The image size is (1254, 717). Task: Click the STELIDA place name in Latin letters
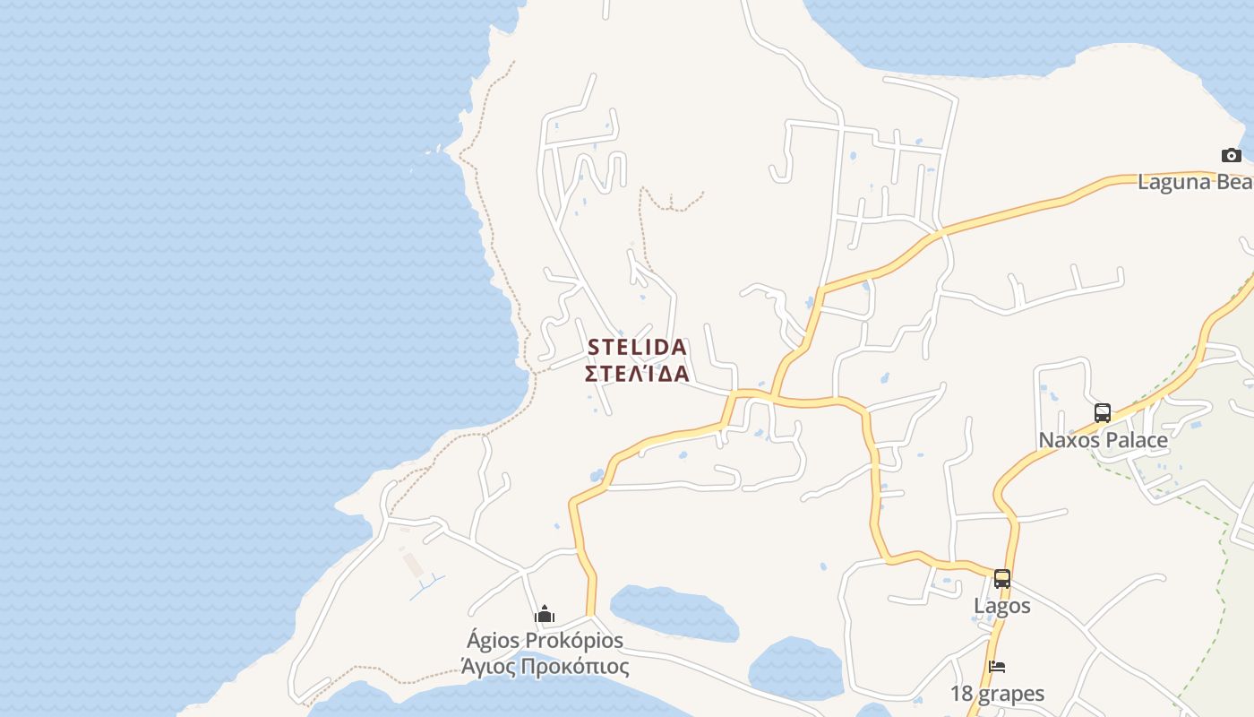[637, 347]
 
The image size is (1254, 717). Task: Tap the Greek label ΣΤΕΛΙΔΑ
[637, 374]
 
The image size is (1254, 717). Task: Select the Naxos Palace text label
[1103, 440]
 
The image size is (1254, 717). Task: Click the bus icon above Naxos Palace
[1103, 413]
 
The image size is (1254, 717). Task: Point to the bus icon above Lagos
[1002, 579]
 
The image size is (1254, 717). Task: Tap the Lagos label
[1002, 606]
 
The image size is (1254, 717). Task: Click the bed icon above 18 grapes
[997, 667]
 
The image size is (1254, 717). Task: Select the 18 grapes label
[997, 694]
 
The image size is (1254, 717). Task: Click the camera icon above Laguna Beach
[1232, 156]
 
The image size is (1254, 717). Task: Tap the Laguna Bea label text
[1195, 182]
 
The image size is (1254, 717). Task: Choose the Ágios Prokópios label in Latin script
[545, 641]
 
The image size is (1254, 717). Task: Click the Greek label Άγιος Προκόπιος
[545, 667]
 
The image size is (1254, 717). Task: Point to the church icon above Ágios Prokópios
[545, 616]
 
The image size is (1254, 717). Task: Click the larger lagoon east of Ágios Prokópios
[674, 612]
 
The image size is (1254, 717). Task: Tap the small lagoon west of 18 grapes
[795, 669]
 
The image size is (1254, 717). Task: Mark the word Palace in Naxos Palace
[1135, 440]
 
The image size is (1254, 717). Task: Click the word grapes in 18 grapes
[1010, 694]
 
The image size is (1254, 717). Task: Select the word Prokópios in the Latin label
[573, 641]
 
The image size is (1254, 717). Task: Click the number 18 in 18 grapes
[961, 694]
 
